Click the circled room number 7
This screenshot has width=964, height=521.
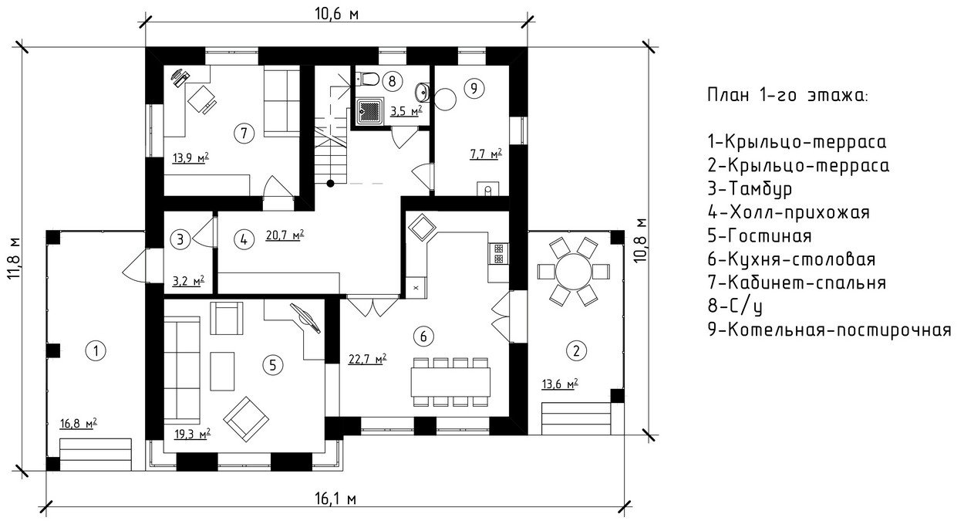pos(244,133)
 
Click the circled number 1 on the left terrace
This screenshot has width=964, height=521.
pos(96,351)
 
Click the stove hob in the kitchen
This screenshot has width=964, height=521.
pos(498,254)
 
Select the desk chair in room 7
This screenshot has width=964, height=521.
pos(202,100)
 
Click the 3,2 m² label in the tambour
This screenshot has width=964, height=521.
pos(188,282)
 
